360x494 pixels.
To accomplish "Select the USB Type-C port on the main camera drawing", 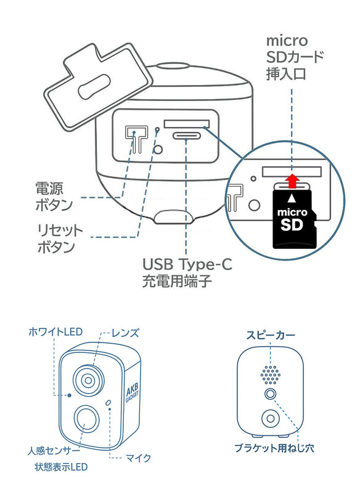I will [x=189, y=136].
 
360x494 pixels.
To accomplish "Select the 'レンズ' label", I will [x=125, y=333].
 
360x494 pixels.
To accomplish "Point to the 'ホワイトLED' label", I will [x=55, y=332].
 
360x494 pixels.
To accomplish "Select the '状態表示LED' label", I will [x=61, y=467].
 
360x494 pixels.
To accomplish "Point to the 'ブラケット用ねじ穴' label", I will [x=275, y=448].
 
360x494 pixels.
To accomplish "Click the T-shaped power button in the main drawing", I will [x=132, y=139].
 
